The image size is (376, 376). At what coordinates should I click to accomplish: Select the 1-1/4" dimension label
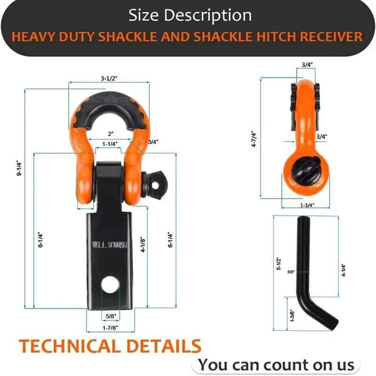(x=110, y=143)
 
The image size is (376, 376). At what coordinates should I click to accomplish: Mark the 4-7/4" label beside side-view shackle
(x=266, y=139)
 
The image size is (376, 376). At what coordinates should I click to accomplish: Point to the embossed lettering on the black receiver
(x=110, y=245)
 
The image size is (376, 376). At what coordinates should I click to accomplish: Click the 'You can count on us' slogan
(x=276, y=364)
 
